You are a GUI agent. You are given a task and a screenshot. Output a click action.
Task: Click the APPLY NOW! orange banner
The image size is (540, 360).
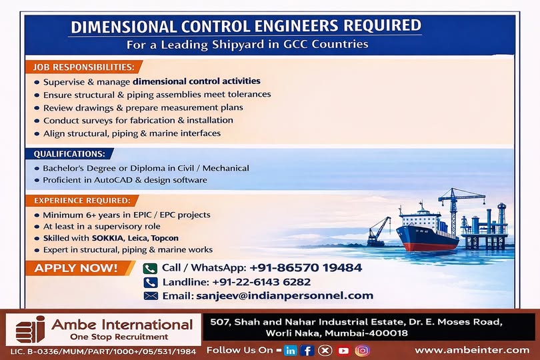tap(75, 269)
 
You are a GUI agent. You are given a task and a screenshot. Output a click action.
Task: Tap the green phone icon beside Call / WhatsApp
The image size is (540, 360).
tap(150, 268)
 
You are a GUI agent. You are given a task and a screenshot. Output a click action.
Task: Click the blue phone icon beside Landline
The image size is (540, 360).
tap(151, 282)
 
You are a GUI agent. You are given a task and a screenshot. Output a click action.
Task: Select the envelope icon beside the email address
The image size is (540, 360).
tap(151, 296)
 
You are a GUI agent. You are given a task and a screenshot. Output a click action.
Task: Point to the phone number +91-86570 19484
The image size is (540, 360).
tap(306, 268)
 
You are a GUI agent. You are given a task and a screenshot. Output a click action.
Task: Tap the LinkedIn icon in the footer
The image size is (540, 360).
tap(290, 350)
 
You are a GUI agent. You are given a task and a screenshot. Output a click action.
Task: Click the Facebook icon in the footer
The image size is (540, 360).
tap(307, 350)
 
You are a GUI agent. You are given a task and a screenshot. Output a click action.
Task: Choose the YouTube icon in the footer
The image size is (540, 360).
tap(344, 350)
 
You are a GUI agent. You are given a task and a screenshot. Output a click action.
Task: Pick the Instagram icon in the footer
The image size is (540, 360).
tap(362, 350)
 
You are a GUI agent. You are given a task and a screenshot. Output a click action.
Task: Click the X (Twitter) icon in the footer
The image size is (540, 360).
tap(325, 350)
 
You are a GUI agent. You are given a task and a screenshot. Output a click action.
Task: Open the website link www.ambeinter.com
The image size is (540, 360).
tap(471, 349)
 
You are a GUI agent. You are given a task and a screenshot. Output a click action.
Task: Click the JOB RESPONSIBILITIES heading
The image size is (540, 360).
tap(85, 67)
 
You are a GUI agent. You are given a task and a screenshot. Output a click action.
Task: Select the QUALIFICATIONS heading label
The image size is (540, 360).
tap(69, 154)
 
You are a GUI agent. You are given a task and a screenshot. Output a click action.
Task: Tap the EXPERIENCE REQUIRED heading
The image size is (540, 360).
tap(82, 200)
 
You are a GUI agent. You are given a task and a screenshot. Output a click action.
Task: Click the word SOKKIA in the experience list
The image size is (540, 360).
tap(89, 238)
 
